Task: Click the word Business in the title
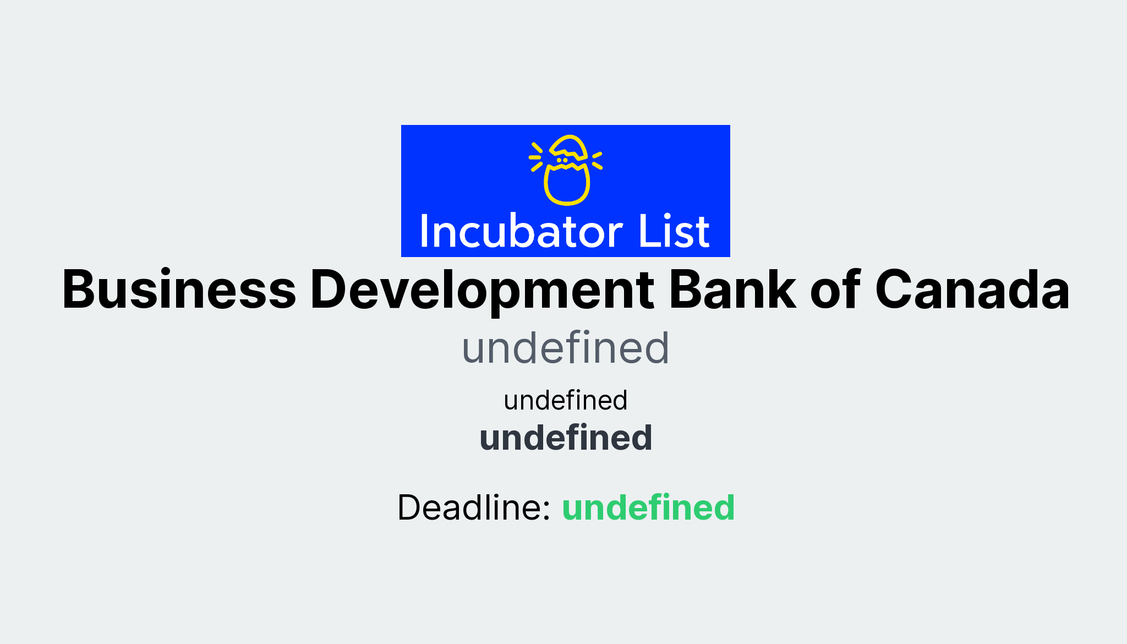179,290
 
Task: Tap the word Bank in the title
732,290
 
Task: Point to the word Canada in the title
972,290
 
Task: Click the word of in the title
835,290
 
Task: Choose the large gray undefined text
565,348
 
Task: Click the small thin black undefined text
565,400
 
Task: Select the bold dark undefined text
565,438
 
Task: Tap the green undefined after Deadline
648,507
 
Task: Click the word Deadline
473,507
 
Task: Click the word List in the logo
674,231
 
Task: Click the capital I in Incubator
424,231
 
